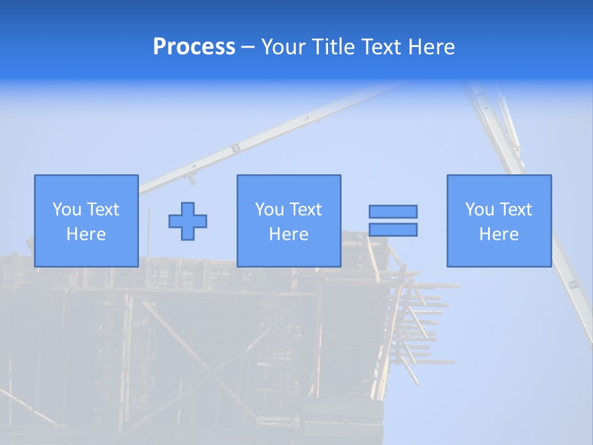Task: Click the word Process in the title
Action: click(x=194, y=47)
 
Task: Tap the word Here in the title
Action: click(x=431, y=47)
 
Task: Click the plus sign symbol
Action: click(x=188, y=221)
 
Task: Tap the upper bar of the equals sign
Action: click(x=393, y=211)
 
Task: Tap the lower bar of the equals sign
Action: click(x=393, y=229)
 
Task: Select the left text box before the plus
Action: click(x=86, y=221)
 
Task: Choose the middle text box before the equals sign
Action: click(x=288, y=221)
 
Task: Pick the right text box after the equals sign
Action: click(x=499, y=221)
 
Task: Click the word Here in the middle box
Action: click(x=288, y=234)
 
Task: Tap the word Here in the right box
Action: click(x=499, y=234)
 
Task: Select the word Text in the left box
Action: click(x=103, y=210)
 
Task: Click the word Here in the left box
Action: click(x=86, y=234)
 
